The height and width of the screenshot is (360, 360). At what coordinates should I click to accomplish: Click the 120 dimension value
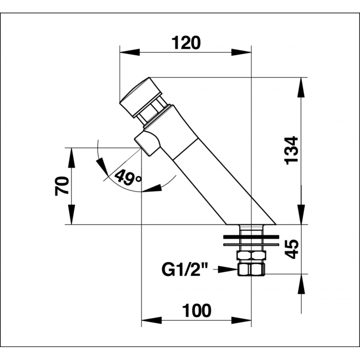point(186,43)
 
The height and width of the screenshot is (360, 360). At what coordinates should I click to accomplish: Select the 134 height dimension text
point(291,150)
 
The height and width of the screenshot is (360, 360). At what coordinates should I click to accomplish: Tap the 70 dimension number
point(62,186)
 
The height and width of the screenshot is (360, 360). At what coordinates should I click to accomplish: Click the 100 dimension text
point(197,310)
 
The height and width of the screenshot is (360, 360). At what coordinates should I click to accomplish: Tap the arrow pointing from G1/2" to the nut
point(226,270)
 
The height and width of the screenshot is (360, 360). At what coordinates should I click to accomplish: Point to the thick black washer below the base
point(251,237)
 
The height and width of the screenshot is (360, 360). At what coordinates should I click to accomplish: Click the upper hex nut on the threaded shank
point(252,255)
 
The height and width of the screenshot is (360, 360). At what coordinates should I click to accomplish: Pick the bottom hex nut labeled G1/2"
point(252,270)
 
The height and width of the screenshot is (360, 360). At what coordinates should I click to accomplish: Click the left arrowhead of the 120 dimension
point(130,52)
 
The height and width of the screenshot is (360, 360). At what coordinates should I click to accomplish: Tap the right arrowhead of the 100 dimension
point(241,320)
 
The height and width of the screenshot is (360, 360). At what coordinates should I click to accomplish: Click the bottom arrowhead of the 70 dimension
point(72,214)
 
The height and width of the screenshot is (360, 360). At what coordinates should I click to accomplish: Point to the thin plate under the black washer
point(251,244)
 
